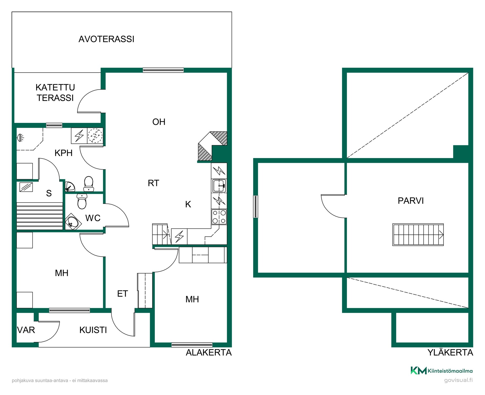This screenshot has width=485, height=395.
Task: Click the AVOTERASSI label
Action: point(106,39)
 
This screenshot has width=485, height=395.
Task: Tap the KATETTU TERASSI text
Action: point(55,93)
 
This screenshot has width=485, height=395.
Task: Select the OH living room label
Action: point(159,122)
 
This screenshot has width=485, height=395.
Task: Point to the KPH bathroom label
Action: point(64,153)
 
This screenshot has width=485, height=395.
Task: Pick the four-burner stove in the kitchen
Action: point(219,217)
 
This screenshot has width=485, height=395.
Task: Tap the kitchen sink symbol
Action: point(219,186)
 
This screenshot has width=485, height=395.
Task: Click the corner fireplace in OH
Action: point(212,146)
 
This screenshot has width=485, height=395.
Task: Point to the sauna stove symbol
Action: point(26,187)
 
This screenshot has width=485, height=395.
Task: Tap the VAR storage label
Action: point(26,330)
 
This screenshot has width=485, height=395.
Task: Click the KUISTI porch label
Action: point(93,330)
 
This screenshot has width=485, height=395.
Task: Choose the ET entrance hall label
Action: point(123,294)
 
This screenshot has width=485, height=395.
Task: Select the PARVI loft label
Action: point(411,201)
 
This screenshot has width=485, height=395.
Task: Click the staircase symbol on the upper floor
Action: point(418,235)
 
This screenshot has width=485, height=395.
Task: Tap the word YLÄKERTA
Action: point(450,353)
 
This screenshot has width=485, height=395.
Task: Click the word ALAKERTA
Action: point(209,353)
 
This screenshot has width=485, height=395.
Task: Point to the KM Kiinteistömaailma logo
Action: point(442,371)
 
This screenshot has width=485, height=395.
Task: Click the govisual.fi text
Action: point(458,380)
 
